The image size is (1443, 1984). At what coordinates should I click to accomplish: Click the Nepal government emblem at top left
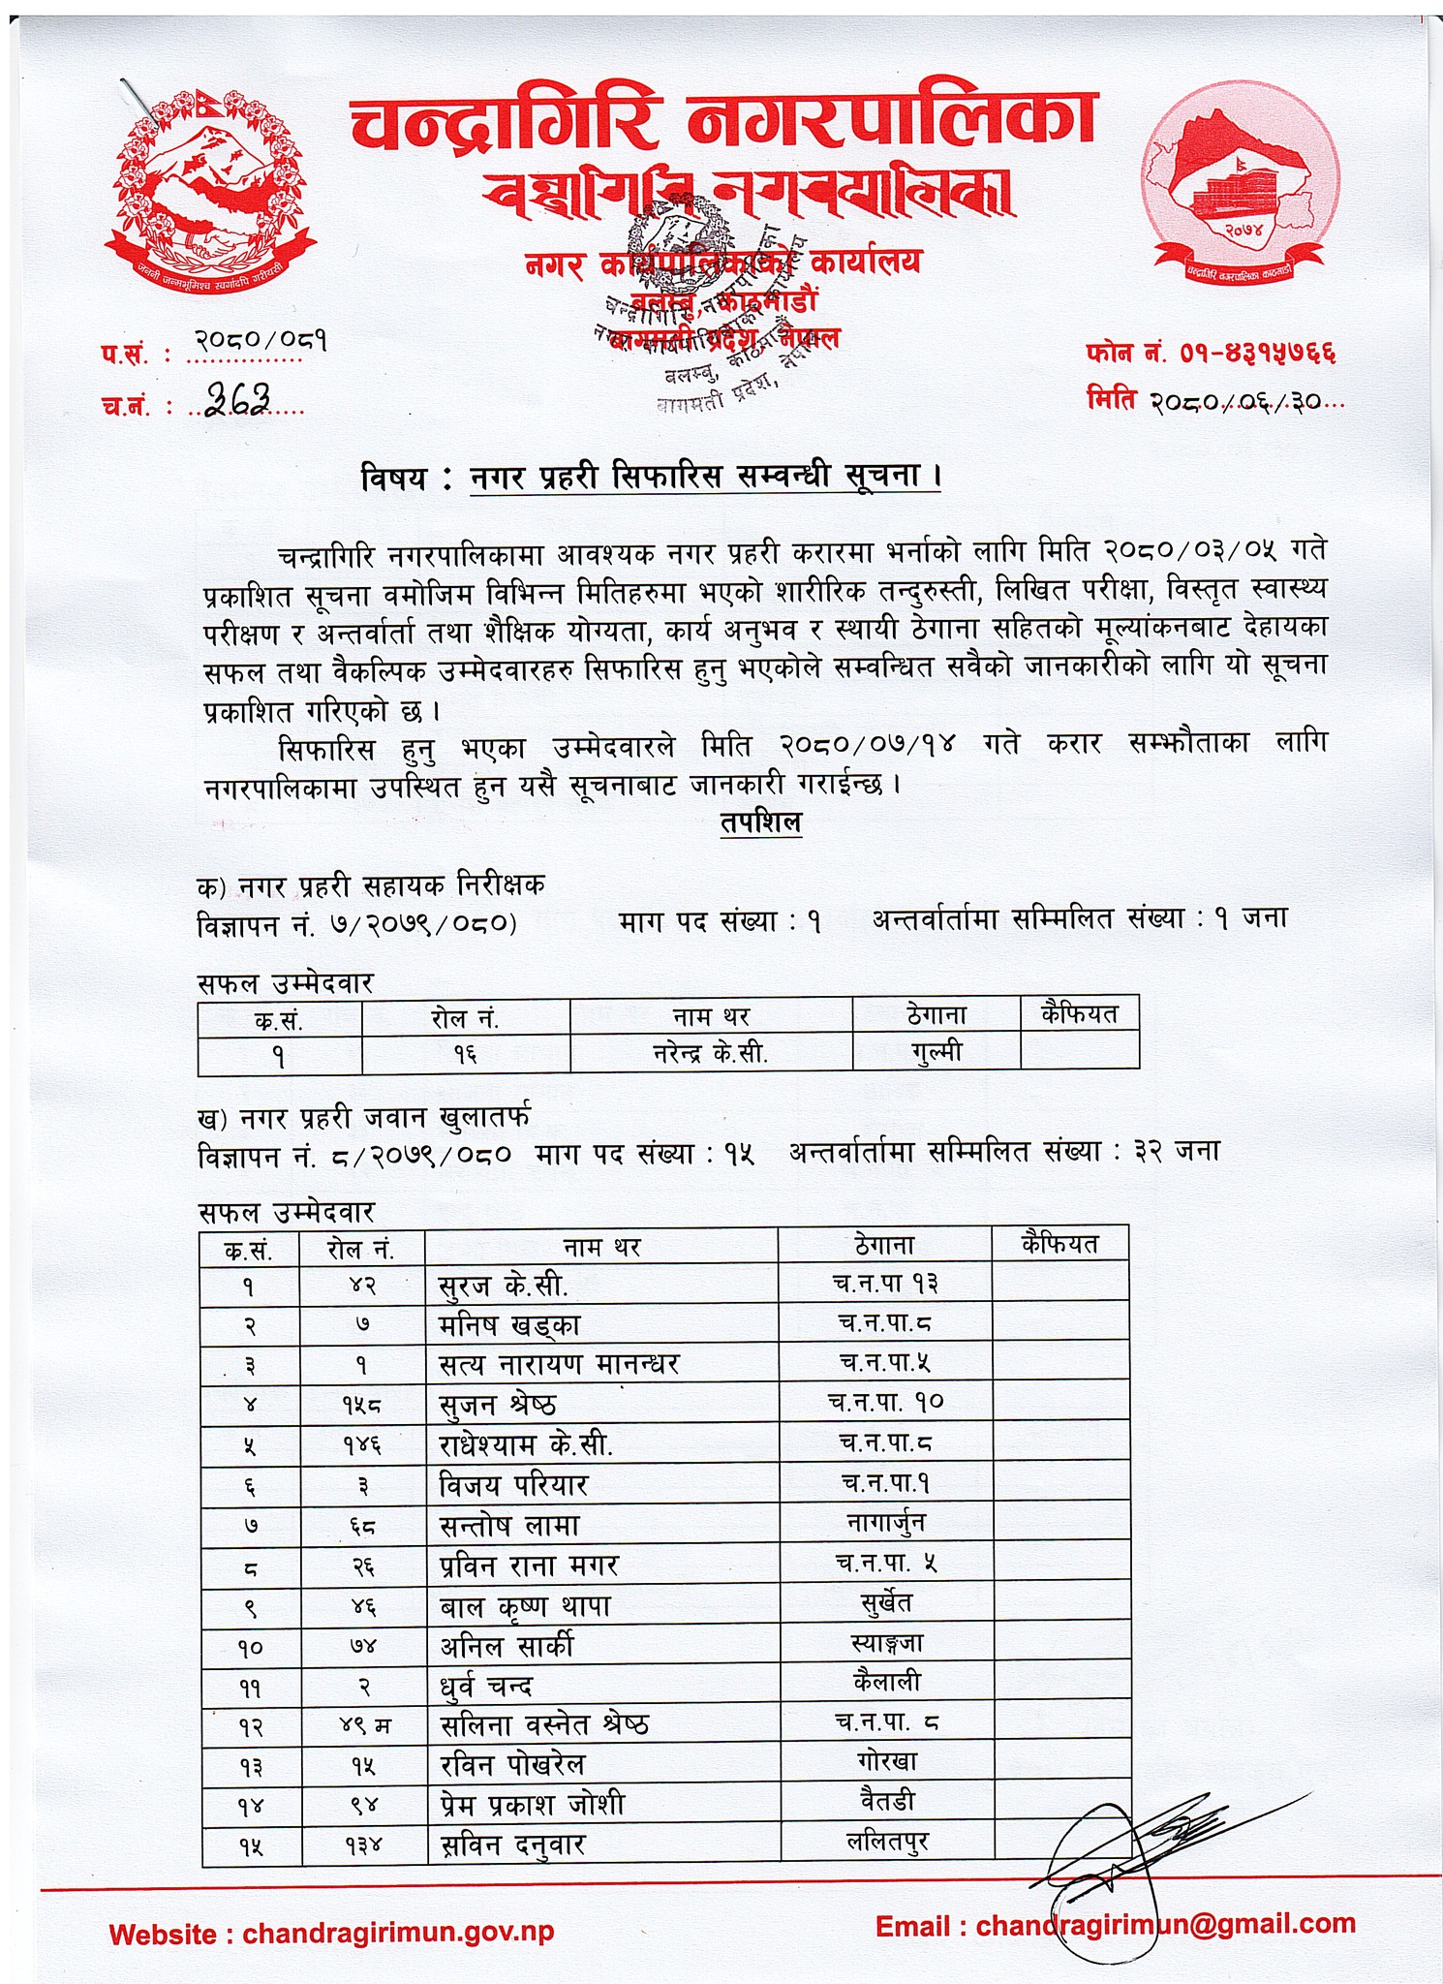[211, 184]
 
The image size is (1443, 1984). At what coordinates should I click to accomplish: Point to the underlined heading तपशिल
[761, 822]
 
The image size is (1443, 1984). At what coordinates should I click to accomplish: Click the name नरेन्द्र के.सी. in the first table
[711, 1053]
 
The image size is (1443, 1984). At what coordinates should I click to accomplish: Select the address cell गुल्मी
[936, 1051]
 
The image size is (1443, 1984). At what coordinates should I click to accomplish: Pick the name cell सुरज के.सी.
[504, 1286]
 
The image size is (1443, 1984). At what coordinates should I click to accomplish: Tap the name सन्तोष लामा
[509, 1526]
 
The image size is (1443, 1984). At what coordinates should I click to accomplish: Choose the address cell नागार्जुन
[886, 1523]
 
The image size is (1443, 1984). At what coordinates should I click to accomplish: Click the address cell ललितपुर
[887, 1842]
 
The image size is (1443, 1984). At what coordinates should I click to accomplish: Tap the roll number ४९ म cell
[363, 1725]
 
